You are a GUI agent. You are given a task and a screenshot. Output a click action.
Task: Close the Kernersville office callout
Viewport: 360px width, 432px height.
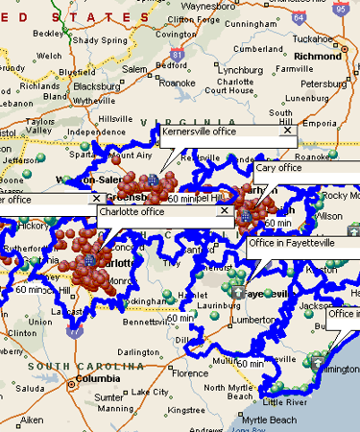tap(286, 131)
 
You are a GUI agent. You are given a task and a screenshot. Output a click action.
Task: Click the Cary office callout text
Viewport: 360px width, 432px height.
tap(278, 168)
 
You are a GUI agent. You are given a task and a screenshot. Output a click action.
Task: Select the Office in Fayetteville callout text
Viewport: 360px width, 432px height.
tap(292, 243)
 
